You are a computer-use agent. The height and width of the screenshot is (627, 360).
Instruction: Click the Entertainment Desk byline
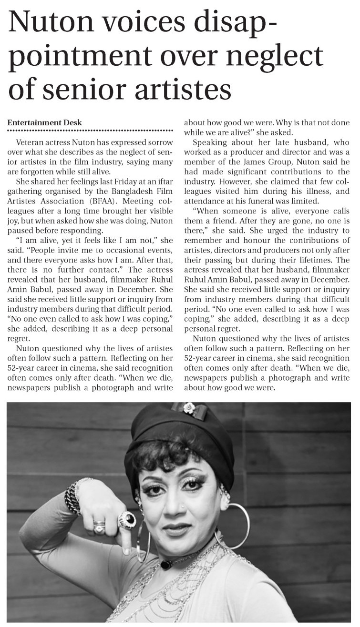[44, 122]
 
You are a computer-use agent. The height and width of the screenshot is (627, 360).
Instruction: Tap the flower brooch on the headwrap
[190, 408]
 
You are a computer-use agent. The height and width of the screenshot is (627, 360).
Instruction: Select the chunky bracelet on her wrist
[73, 498]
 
